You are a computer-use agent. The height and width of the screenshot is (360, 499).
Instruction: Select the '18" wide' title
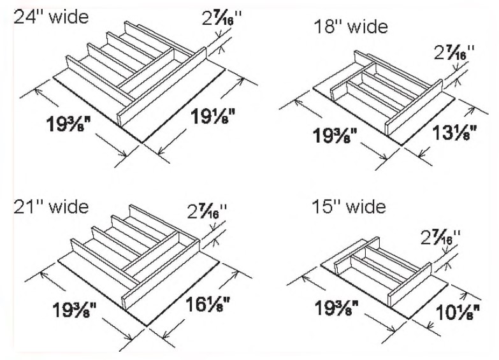coord(351,27)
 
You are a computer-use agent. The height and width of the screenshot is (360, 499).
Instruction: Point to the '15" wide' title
coord(349,207)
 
